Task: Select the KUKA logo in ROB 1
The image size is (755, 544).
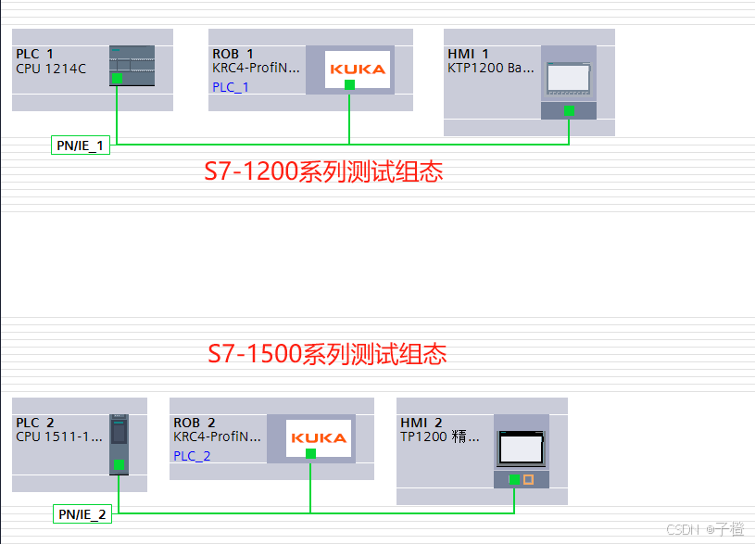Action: [358, 69]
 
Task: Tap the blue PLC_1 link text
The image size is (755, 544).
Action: [231, 87]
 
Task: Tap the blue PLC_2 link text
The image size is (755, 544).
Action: [192, 456]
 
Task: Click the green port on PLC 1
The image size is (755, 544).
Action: [117, 79]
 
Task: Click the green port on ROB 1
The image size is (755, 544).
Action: [349, 84]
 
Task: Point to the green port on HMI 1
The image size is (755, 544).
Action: [569, 110]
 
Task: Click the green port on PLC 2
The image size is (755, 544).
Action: [119, 464]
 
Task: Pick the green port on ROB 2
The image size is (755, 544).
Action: [310, 453]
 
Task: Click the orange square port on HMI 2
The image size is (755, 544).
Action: [529, 479]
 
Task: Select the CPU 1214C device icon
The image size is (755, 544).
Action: [129, 66]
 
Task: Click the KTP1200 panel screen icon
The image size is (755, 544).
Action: [569, 78]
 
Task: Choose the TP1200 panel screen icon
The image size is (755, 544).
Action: [522, 449]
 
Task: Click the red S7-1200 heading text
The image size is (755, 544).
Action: [323, 171]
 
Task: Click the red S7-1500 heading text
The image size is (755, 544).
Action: [327, 354]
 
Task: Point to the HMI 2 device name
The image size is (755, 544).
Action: [422, 423]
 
